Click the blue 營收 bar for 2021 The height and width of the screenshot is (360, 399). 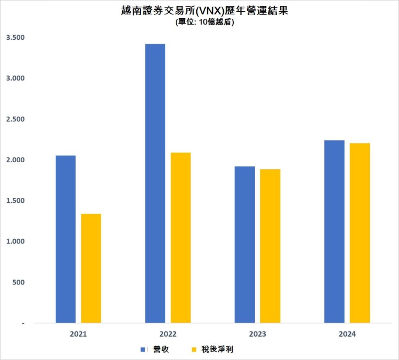[65, 239]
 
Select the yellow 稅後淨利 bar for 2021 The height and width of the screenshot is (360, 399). [91, 268]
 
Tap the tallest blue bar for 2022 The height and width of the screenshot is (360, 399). [155, 183]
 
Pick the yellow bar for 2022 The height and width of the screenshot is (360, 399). [181, 237]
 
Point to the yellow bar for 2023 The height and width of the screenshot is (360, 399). [270, 246]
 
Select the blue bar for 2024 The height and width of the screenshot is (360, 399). [334, 232]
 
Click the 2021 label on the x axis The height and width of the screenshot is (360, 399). [78, 334]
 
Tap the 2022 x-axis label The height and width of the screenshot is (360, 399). [168, 334]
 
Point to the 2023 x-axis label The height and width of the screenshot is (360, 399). [258, 334]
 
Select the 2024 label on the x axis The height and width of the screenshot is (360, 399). [347, 334]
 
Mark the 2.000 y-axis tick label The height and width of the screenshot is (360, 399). [15, 160]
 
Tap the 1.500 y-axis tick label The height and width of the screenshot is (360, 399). [15, 201]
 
